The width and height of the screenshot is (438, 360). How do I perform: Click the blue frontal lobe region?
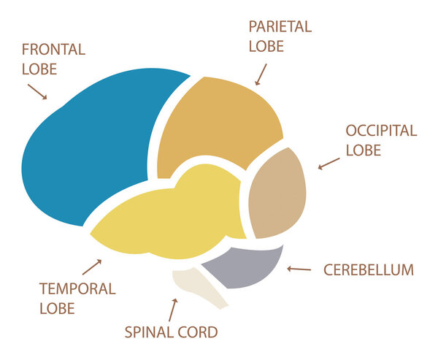point(95,146)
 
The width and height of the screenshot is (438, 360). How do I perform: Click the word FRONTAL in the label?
point(53,50)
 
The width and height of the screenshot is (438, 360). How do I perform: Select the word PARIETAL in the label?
point(280,27)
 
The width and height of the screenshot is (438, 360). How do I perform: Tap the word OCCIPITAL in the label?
point(381,131)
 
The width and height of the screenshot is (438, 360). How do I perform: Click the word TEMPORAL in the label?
point(77,288)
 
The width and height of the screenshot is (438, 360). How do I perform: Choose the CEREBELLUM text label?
point(368,270)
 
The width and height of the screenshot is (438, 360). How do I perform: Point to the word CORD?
point(199,333)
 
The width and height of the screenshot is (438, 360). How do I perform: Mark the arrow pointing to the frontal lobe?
point(36,91)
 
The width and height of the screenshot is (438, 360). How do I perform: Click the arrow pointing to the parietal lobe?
point(261,74)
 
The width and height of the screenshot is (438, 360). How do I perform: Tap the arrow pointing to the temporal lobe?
point(92,266)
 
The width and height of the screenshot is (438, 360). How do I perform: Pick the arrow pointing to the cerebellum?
point(299,269)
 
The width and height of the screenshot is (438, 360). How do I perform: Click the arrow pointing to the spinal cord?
point(173,310)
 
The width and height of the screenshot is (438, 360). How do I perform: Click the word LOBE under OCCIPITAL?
point(364,150)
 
